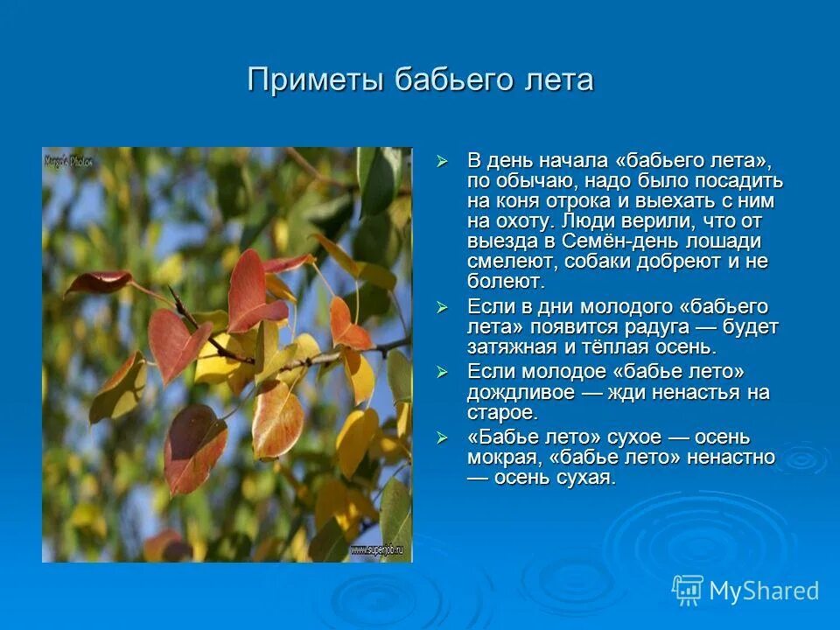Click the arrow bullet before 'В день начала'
[x=443, y=161]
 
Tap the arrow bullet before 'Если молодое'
[x=443, y=373]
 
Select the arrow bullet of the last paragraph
[x=443, y=437]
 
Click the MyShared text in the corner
[x=764, y=591]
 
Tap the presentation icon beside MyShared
[x=688, y=590]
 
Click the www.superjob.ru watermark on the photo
[x=380, y=549]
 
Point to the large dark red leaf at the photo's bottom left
[x=194, y=446]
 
